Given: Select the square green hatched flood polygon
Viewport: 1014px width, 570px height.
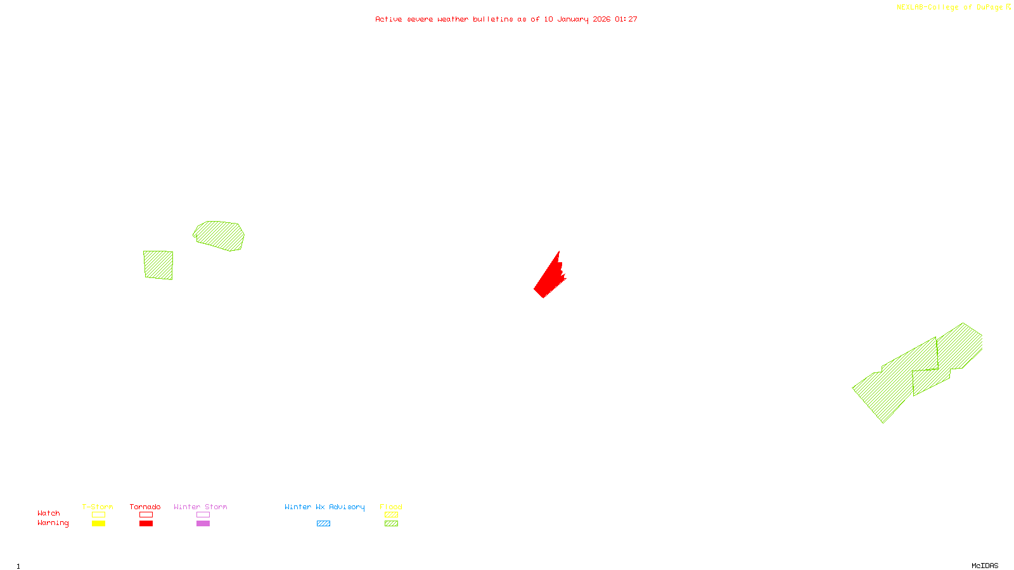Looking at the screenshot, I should coord(158,265).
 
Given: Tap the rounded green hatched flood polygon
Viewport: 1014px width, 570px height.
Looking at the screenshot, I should coord(219,235).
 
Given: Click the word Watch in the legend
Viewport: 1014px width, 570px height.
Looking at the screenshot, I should coord(49,513).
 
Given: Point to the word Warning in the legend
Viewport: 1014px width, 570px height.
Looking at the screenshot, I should coord(53,523).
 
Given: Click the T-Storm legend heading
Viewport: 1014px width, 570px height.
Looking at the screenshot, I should coord(98,507).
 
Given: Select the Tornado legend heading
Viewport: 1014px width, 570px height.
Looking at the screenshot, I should coord(145,507).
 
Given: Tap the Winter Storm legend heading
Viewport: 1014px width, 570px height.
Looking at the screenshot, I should coord(200,507).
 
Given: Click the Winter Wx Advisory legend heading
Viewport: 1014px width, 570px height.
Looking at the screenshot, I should coord(324,507).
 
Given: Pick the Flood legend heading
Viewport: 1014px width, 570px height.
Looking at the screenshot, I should coord(391,507).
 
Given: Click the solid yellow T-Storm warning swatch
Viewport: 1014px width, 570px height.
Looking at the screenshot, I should coord(98,524).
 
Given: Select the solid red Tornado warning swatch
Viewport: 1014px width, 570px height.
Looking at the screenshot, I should coord(146,524).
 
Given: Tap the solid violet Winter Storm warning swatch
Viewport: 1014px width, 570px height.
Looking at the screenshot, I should coord(203,524).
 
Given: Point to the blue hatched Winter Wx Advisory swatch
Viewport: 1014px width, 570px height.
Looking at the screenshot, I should coord(323,524).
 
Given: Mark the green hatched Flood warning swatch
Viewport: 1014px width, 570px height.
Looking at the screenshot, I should coord(391,524).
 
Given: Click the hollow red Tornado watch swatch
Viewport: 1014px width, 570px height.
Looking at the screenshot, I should coord(146,515).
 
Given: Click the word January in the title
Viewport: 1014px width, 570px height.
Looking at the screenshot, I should coord(573,19).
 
